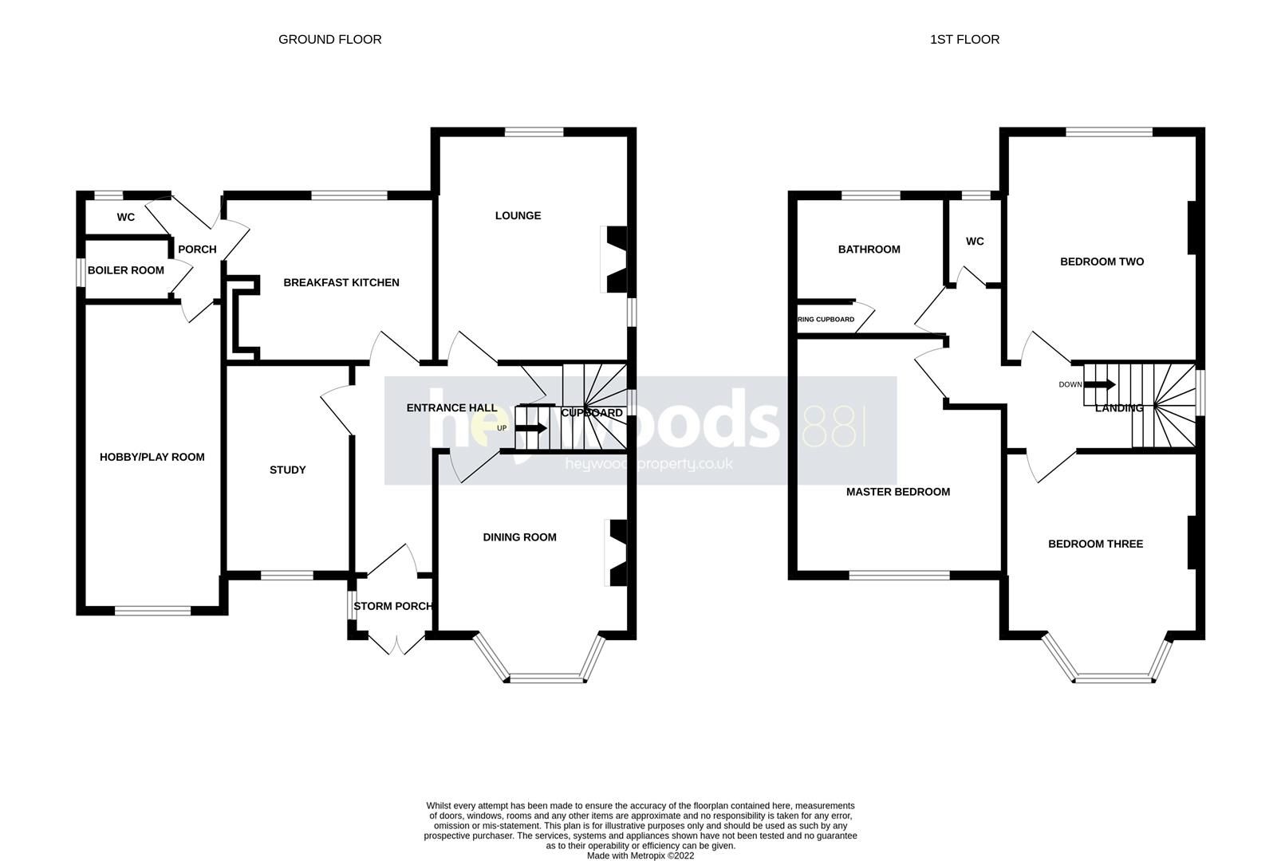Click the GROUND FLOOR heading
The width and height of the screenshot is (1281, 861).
coord(329,39)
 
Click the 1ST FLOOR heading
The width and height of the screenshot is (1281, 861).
coord(964,39)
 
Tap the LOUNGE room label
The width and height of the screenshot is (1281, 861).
coord(518,215)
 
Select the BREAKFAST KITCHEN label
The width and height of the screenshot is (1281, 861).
coord(341,282)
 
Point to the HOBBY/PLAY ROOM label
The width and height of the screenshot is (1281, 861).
coord(152,457)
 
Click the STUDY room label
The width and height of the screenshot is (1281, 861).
coord(287,470)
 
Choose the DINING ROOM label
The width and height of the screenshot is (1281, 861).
coord(519,537)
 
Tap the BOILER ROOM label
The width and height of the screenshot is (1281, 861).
coord(126,270)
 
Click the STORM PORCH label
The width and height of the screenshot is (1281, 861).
coord(392,606)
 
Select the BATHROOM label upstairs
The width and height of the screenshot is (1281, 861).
coord(869,250)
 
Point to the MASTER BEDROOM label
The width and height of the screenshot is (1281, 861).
coord(897,492)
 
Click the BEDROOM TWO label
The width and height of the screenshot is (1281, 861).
coord(1102,261)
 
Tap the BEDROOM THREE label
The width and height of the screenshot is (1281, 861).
coord(1095,544)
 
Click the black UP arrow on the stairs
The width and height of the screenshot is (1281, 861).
coord(531,428)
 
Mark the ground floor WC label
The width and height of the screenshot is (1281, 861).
coord(125,217)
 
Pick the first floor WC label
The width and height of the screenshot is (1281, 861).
coord(975,242)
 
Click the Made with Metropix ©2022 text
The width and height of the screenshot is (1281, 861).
coord(640,855)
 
